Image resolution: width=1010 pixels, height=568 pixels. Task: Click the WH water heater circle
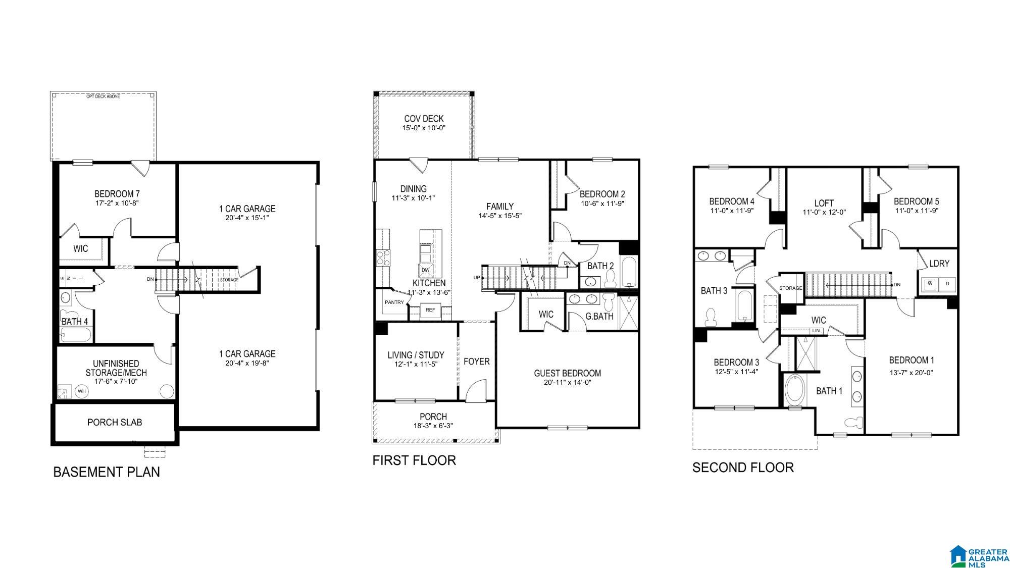(82, 391)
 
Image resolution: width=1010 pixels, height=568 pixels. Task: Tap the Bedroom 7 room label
(117, 194)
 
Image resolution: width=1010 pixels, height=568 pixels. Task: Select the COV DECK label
(424, 119)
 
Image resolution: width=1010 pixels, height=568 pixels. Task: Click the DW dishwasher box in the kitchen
(426, 270)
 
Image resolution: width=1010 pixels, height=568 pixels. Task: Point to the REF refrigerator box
(430, 309)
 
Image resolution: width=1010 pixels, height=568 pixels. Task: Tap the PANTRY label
(394, 302)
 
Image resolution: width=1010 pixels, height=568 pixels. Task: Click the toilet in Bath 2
(610, 278)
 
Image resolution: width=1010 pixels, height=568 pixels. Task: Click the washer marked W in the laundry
(930, 284)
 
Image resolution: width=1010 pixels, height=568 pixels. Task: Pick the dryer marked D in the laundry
(947, 284)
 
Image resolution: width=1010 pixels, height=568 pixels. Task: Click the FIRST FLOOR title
(414, 460)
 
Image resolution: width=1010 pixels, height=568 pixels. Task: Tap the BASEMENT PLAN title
(107, 472)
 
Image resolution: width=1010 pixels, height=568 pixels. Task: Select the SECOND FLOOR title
(743, 468)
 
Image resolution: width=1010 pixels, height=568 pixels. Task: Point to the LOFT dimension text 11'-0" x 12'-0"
(824, 213)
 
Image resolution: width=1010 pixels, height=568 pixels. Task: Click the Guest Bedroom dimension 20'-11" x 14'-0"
(568, 383)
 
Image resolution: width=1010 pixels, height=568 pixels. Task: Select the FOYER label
(477, 362)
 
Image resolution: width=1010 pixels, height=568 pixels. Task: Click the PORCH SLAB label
(115, 422)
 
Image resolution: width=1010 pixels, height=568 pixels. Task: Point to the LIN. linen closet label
(817, 331)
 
